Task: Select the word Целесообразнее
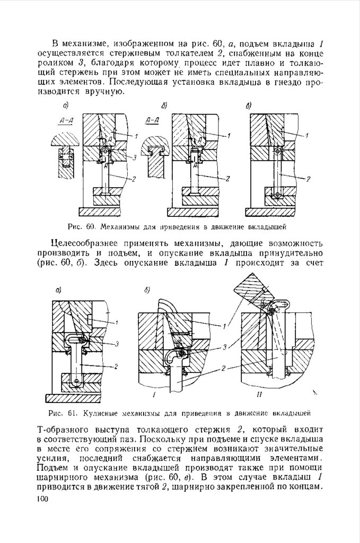(87, 243)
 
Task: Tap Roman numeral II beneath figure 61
(256, 395)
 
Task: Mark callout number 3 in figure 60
(135, 157)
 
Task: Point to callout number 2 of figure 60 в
(308, 179)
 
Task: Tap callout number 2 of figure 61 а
(116, 366)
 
